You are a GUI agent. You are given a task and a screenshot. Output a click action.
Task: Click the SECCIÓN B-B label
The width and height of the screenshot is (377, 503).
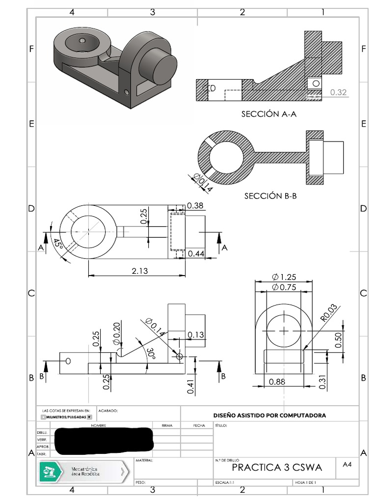pyautogui.click(x=270, y=196)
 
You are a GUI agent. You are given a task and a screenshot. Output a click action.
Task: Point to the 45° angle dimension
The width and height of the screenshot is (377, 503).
pyautogui.click(x=57, y=244)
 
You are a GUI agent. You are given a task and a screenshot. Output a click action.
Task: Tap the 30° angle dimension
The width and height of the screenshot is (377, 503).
pyautogui.click(x=152, y=354)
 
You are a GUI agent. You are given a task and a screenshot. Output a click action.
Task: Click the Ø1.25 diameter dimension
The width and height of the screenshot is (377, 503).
pyautogui.click(x=284, y=277)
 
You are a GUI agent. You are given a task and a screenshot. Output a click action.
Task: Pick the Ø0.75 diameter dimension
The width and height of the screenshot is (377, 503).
pyautogui.click(x=284, y=287)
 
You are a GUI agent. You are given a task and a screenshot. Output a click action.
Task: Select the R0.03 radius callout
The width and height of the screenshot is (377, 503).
pyautogui.click(x=329, y=312)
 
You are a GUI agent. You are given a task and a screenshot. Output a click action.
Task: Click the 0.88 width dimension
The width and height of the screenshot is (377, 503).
pyautogui.click(x=277, y=381)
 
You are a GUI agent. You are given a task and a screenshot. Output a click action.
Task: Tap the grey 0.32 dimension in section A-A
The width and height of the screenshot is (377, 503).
pyautogui.click(x=338, y=92)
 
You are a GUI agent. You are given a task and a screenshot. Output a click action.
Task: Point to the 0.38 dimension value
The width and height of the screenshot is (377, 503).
pyautogui.click(x=195, y=205)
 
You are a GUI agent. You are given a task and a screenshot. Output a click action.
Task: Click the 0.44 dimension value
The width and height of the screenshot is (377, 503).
pyautogui.click(x=196, y=253)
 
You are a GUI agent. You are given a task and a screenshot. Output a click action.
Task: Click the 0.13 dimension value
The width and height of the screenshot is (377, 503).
pyautogui.click(x=195, y=335)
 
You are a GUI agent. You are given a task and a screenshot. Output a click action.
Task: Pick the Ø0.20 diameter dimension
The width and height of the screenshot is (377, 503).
pyautogui.click(x=116, y=333)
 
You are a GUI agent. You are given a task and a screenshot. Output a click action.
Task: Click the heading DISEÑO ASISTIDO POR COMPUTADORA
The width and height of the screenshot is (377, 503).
pyautogui.click(x=269, y=415)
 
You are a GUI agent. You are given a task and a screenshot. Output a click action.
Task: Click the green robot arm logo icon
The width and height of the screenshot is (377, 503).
pyautogui.click(x=50, y=472)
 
